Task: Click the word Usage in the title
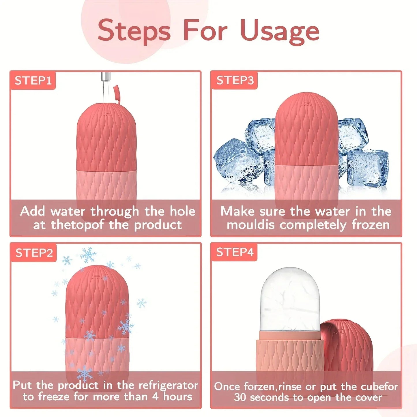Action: pos(279,31)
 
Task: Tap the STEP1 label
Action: pos(33,81)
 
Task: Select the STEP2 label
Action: pos(34,253)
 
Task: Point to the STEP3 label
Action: pos(235,81)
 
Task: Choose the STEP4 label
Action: pos(235,252)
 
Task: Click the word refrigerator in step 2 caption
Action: pos(168,386)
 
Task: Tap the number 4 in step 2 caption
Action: pos(155,397)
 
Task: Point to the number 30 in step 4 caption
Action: pos(240,397)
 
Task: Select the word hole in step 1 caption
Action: pos(182,211)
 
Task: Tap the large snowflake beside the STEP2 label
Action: pos(88,255)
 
